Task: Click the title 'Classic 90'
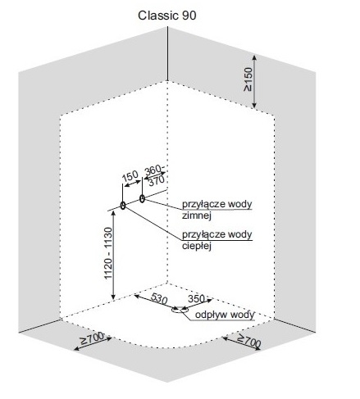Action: click(x=167, y=16)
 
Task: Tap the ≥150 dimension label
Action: click(x=248, y=79)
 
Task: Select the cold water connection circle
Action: click(x=142, y=198)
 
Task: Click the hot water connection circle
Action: click(x=123, y=206)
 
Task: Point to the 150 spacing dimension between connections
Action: click(x=130, y=176)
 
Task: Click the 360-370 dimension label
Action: click(x=155, y=175)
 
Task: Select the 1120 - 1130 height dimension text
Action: click(x=108, y=253)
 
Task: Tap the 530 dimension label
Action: click(x=158, y=298)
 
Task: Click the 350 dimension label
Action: click(x=197, y=299)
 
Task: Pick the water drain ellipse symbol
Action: click(x=180, y=310)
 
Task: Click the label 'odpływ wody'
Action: click(x=225, y=315)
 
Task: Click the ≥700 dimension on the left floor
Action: click(x=92, y=338)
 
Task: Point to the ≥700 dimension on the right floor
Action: click(x=248, y=340)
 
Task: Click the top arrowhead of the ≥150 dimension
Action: click(x=254, y=57)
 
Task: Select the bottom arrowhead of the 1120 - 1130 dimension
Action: click(x=114, y=297)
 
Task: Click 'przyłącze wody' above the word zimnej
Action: click(x=217, y=204)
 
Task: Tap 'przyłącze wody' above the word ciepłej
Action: click(x=217, y=234)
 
